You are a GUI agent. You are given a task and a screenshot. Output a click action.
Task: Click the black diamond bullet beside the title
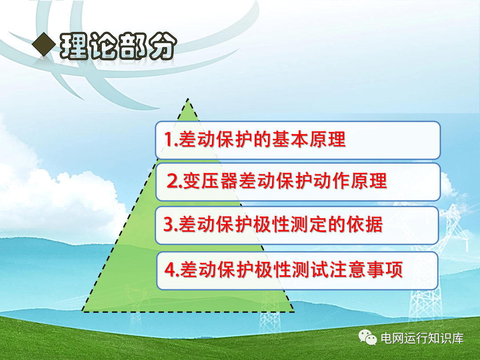(x=44, y=44)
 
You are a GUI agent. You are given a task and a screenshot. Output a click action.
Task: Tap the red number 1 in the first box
(x=169, y=139)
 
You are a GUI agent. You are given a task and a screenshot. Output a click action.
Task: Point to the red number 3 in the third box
(x=169, y=224)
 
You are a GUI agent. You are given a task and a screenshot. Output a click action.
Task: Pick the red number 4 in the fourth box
(x=170, y=269)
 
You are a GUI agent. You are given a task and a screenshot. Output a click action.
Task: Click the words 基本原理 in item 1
(x=308, y=139)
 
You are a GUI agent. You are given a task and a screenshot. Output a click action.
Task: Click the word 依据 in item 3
(x=364, y=224)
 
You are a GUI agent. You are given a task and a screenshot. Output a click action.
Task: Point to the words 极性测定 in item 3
(x=290, y=224)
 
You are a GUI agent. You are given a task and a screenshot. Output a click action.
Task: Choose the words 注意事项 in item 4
(x=365, y=269)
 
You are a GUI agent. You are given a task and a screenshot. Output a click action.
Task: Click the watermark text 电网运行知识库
(x=422, y=338)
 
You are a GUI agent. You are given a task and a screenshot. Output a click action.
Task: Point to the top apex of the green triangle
(x=188, y=99)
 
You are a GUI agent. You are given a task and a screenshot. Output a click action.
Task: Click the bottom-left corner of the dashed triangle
(x=83, y=311)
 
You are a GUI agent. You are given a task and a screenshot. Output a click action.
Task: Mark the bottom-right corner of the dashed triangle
(x=293, y=312)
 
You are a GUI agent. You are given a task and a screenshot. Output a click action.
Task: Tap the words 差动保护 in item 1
(x=216, y=139)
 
